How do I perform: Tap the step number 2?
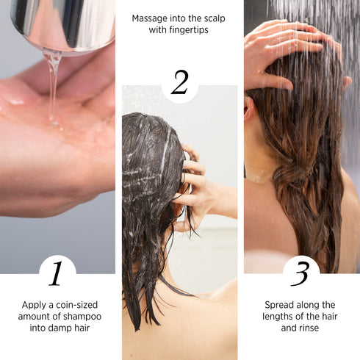pyautogui.click(x=179, y=83)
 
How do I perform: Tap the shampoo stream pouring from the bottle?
pyautogui.click(x=53, y=81)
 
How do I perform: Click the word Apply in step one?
pyautogui.click(x=36, y=304)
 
